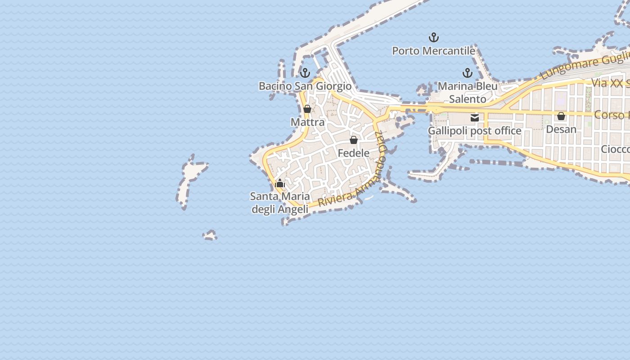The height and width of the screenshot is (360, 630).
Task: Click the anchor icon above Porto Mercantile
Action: point(434,37)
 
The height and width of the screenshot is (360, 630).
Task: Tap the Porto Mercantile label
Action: point(434,51)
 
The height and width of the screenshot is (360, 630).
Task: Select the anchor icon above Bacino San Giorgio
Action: point(305,72)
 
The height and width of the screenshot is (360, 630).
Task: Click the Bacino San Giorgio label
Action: point(305,86)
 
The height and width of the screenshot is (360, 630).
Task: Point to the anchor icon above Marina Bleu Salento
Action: point(468,72)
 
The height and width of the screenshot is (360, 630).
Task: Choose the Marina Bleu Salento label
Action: point(468,92)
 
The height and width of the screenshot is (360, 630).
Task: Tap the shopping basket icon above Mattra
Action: point(307,109)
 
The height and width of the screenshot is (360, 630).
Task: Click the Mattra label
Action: point(307,122)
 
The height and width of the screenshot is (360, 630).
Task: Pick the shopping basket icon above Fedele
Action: point(354,140)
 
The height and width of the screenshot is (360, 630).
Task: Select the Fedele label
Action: point(354,153)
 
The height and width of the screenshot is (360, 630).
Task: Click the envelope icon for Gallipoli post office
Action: point(475,118)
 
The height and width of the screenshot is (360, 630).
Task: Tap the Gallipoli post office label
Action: point(475,131)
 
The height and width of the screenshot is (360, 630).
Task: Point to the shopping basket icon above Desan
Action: point(561,116)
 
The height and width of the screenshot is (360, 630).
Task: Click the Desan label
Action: point(561,130)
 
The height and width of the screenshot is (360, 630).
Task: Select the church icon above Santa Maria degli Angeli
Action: point(280,183)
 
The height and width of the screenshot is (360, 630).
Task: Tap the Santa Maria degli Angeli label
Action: point(280,203)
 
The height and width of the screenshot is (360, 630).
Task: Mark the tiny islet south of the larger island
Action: point(210,235)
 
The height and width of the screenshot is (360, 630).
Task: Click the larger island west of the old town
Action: point(191,180)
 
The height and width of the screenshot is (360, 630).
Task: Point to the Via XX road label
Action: point(610,83)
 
